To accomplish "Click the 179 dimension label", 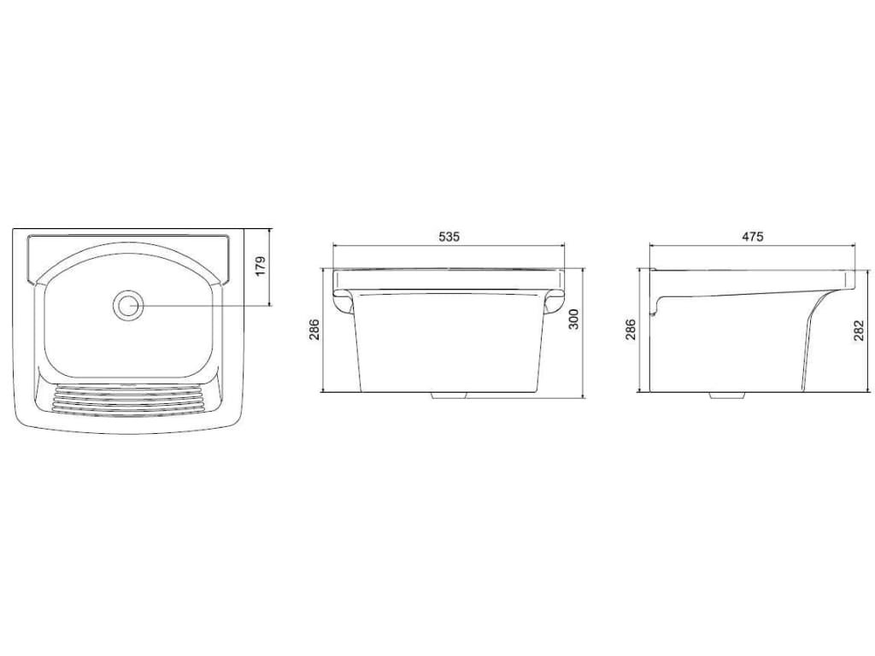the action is (x=261, y=267).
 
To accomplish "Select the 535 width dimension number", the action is (x=449, y=237).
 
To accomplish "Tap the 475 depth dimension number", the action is (x=752, y=237).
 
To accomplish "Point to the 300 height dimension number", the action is (x=573, y=319).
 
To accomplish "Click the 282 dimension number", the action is (x=859, y=330).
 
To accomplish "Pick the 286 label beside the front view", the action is (x=314, y=330).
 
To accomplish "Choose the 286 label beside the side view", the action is (x=630, y=330).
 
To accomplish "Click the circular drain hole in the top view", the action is (x=128, y=305).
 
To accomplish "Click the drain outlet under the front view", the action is (x=449, y=395).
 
